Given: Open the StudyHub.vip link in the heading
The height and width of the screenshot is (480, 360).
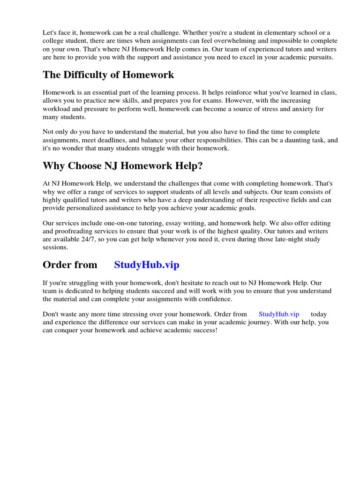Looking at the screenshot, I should [x=147, y=265].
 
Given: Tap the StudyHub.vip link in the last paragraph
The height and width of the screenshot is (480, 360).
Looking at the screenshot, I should [x=278, y=314].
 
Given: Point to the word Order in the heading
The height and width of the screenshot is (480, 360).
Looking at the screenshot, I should [x=57, y=265].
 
